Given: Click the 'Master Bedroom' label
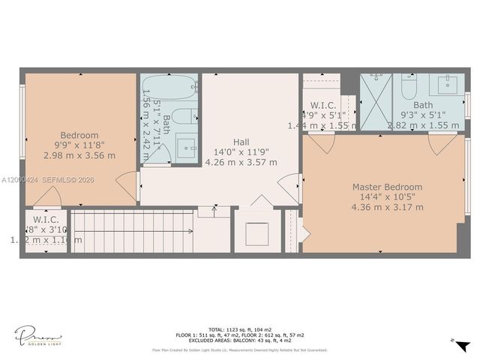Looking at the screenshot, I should pos(387,187).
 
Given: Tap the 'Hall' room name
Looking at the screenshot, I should pos(241,142).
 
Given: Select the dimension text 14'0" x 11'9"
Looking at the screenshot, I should pos(241,151).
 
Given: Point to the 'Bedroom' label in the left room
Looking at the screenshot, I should pos(79,136).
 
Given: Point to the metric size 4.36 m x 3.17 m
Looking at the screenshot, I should pos(387,207).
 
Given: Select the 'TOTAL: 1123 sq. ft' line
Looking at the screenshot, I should pos(239,329).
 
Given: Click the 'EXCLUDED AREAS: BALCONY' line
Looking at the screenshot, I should pos(239,341).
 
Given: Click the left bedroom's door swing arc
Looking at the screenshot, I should pos(127,185).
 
